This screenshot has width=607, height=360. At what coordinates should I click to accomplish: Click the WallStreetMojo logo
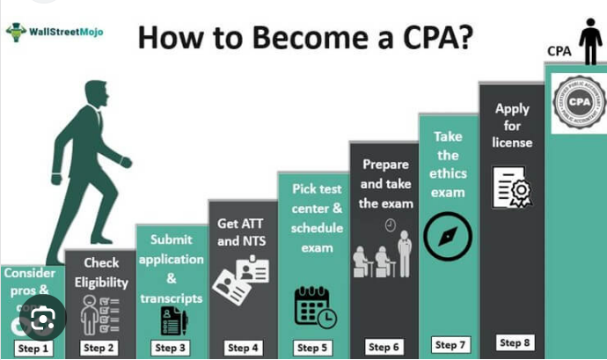coord(55,32)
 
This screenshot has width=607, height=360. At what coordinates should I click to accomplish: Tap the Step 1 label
coord(33,348)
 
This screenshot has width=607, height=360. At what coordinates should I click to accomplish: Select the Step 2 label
coord(99,348)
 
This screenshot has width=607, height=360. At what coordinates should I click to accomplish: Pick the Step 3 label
coord(171,348)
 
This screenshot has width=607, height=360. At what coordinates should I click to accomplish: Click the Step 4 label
coord(242,348)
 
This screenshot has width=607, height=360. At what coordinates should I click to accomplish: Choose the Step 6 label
coord(384,347)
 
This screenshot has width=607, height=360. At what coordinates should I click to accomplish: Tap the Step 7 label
coord(451,345)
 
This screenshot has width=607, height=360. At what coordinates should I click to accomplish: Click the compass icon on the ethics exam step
coord(447,236)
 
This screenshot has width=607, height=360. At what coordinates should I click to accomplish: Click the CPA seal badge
coord(579,103)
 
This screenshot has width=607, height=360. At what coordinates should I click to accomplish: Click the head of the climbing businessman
coord(98,91)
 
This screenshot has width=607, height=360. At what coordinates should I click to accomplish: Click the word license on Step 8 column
coord(511,142)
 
